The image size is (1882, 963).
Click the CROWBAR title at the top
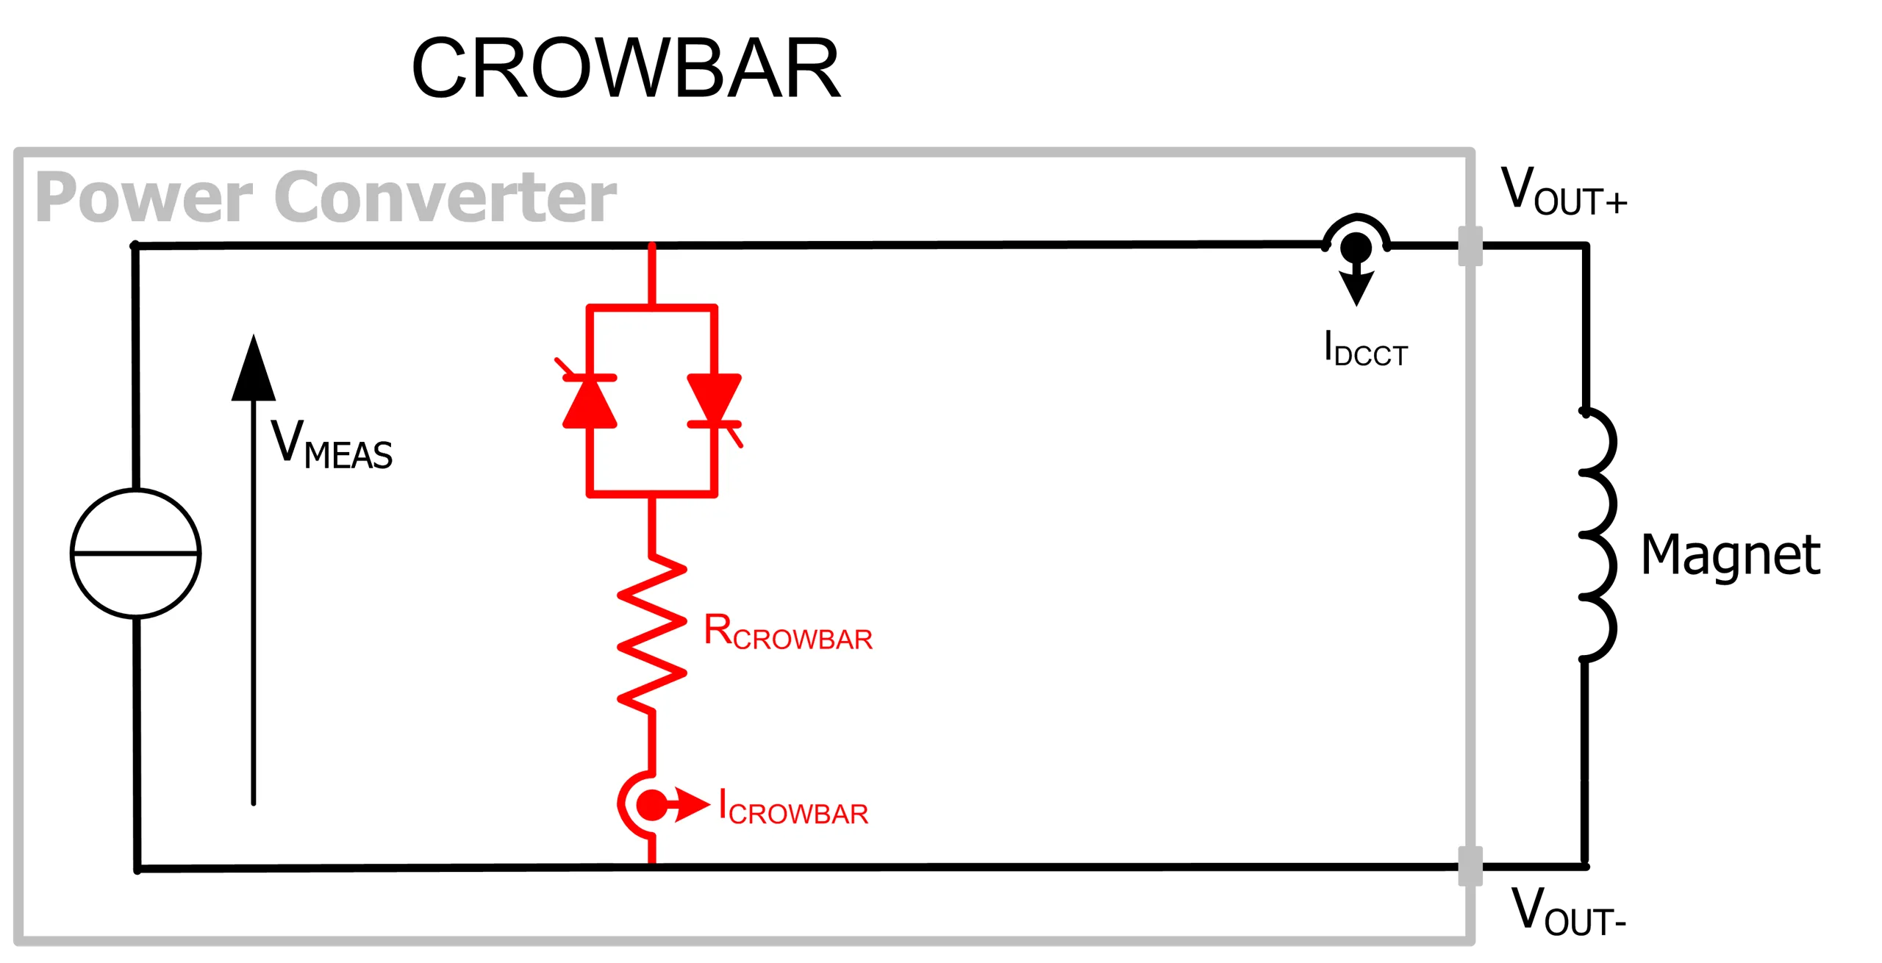tap(626, 68)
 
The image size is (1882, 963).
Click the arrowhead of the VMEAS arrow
tap(254, 368)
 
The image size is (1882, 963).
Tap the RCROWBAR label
tap(788, 631)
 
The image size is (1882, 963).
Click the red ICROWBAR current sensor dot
tap(652, 805)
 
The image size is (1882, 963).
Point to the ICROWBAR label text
tap(793, 806)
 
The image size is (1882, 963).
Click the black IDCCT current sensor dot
tap(1356, 247)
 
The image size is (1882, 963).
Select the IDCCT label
tap(1365, 348)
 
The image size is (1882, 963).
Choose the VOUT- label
tap(1568, 911)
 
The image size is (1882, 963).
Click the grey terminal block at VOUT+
tap(1470, 246)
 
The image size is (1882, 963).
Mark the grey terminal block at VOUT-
tap(1470, 867)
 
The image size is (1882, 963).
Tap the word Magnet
tap(1731, 556)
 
